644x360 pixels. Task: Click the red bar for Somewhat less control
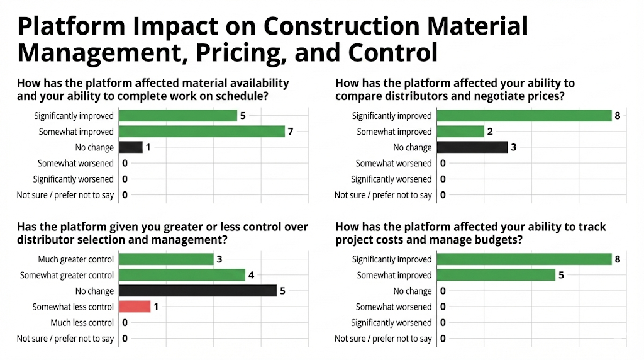pyautogui.click(x=135, y=307)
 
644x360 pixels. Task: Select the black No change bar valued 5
pyautogui.click(x=197, y=291)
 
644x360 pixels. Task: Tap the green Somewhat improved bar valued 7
pyautogui.click(x=202, y=132)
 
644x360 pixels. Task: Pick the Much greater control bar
pyautogui.click(x=166, y=259)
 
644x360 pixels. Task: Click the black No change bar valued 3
pyautogui.click(x=472, y=147)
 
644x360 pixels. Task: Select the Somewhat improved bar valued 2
pyautogui.click(x=460, y=132)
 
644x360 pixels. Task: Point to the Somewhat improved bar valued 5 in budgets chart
pyautogui.click(x=496, y=275)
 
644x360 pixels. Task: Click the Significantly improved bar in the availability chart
pyautogui.click(x=178, y=116)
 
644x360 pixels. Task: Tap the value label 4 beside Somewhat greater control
pyautogui.click(x=252, y=275)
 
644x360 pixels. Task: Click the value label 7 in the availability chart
pyautogui.click(x=291, y=132)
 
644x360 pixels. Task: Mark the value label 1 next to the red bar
pyautogui.click(x=157, y=307)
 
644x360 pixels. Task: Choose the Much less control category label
pyautogui.click(x=82, y=323)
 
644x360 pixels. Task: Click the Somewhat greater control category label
pyautogui.click(x=67, y=275)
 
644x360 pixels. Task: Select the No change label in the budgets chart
pyautogui.click(x=413, y=291)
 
